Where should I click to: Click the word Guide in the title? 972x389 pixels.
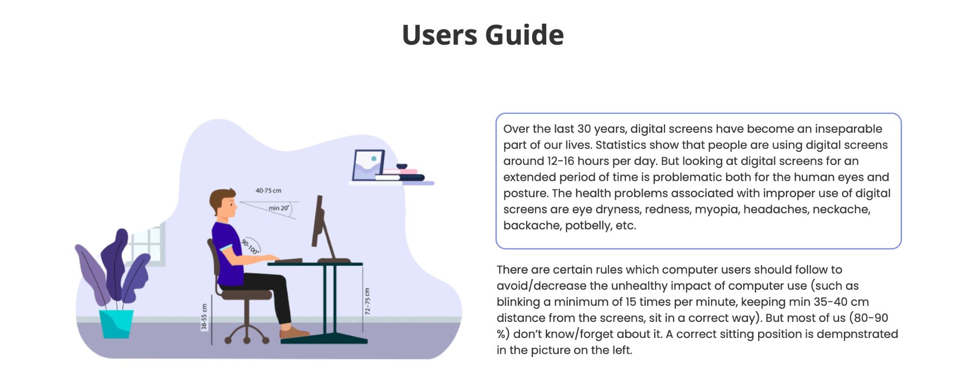click(x=524, y=35)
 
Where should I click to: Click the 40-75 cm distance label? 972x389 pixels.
click(x=268, y=191)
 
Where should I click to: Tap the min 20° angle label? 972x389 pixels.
click(x=279, y=208)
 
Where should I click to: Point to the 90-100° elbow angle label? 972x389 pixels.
click(x=250, y=247)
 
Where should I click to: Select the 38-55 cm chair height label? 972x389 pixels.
click(x=204, y=317)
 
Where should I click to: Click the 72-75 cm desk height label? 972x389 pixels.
click(x=367, y=301)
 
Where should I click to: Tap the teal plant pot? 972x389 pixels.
click(x=116, y=324)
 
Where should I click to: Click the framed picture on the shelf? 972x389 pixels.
click(x=368, y=165)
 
